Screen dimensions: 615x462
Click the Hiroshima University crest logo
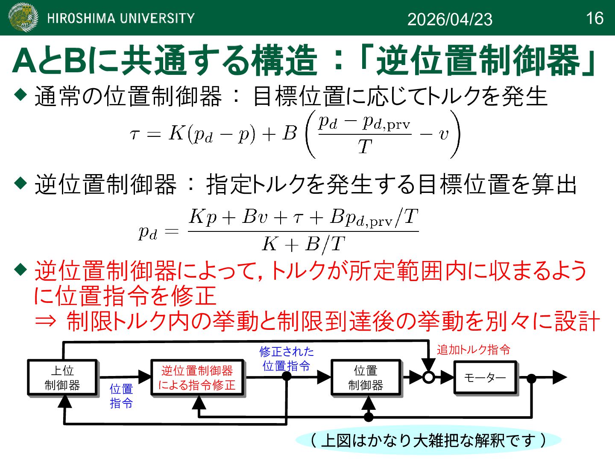click(23, 18)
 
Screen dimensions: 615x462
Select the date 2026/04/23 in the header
click(450, 19)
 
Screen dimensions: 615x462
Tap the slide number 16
click(594, 18)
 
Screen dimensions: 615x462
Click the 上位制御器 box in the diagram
click(63, 377)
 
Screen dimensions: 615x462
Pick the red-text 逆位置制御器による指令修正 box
click(197, 378)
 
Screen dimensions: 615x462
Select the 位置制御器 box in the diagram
click(366, 378)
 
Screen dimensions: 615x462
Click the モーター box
click(485, 377)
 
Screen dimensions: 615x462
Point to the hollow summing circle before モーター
click(428, 377)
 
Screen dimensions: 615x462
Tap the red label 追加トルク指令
click(473, 350)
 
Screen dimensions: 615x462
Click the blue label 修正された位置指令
click(287, 358)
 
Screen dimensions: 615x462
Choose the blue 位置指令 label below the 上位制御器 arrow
click(121, 396)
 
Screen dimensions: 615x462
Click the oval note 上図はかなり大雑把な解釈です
click(428, 440)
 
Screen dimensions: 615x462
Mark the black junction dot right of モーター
click(531, 378)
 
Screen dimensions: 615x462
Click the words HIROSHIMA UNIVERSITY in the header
click(121, 18)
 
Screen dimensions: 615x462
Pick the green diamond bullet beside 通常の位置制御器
click(20, 94)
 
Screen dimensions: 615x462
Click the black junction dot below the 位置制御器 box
click(369, 416)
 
